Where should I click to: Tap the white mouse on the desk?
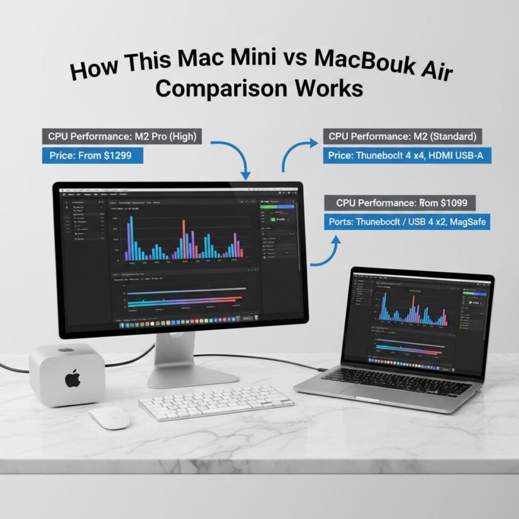pos(109,416)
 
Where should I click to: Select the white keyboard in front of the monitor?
pos(215,402)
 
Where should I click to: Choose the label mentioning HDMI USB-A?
pos(407,156)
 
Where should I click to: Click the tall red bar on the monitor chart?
pos(183,239)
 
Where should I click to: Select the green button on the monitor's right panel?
pos(277,207)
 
